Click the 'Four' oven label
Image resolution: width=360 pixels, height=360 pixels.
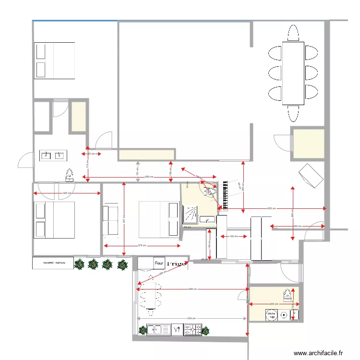159,264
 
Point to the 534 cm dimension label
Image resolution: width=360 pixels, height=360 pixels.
191,318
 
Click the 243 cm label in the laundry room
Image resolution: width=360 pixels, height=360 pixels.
274,304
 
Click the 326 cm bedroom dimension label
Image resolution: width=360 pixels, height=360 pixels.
67,193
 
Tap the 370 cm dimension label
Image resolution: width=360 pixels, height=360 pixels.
142,246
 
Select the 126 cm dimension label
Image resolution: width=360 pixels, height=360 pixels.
233,236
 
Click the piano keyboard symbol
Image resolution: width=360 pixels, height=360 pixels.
225,195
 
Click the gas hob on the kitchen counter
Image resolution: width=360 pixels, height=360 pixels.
192,329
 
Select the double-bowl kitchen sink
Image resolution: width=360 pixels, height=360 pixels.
159,329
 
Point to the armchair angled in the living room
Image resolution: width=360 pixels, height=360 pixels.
311,176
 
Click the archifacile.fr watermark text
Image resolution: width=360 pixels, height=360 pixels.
318,353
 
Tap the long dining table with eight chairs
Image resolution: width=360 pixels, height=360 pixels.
293,73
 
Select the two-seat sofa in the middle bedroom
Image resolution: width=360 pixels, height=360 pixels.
111,221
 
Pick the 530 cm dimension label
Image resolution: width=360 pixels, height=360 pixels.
272,208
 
